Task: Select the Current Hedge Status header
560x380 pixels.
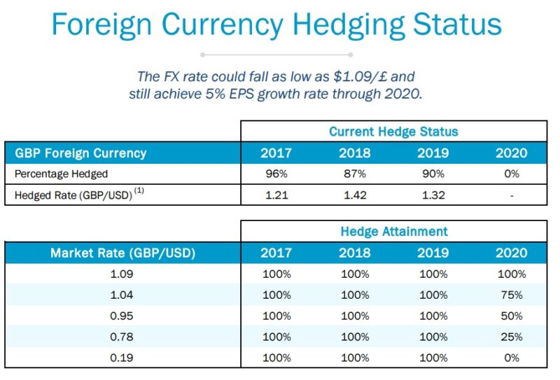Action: point(393,132)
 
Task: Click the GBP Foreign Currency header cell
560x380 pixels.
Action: point(80,153)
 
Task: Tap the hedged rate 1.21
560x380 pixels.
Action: point(276,195)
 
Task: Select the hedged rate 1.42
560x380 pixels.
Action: point(354,195)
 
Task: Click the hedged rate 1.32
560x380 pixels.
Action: point(433,195)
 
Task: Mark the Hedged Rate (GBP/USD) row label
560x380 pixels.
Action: point(74,195)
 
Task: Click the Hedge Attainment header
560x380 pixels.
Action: point(393,231)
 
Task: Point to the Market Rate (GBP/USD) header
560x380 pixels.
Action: point(122,253)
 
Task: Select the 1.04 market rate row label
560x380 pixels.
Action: point(122,295)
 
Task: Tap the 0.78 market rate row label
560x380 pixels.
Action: point(122,337)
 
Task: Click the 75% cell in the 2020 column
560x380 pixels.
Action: point(512,295)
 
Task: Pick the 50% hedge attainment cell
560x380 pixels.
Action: point(512,316)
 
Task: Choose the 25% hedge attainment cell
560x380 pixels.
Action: point(512,337)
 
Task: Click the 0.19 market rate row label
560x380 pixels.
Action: point(122,358)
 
